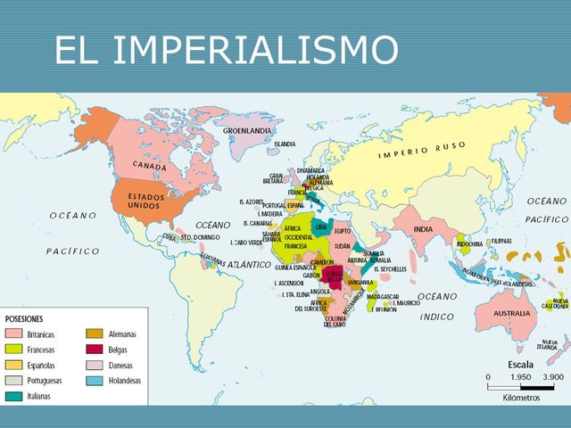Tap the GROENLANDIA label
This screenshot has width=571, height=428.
pyautogui.click(x=247, y=130)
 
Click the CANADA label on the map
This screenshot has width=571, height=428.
pyautogui.click(x=150, y=166)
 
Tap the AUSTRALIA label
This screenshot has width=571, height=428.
pyautogui.click(x=513, y=314)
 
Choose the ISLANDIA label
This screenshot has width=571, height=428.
pyautogui.click(x=285, y=144)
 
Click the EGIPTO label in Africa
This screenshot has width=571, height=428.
pyautogui.click(x=343, y=230)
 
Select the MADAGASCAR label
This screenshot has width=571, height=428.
pyautogui.click(x=383, y=297)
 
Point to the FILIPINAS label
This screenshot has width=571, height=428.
pyautogui.click(x=501, y=242)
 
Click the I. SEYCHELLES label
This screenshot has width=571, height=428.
pyautogui.click(x=391, y=269)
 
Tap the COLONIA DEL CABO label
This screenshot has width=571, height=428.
pyautogui.click(x=335, y=322)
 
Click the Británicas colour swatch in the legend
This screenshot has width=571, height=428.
pyautogui.click(x=14, y=333)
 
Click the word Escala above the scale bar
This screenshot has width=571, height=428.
pyautogui.click(x=521, y=364)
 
